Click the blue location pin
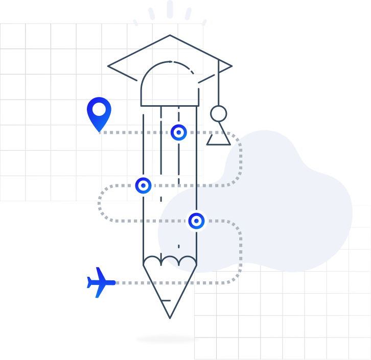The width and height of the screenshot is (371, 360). [x=99, y=113]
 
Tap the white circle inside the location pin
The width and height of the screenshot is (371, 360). [x=99, y=109]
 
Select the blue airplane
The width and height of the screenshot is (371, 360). [x=100, y=282]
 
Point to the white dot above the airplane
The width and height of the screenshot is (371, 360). [x=99, y=259]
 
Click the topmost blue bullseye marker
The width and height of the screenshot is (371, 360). [x=178, y=133]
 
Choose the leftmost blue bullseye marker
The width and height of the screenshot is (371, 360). [x=143, y=185]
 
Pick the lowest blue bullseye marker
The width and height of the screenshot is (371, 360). [x=196, y=221]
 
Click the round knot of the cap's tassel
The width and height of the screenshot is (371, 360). [x=218, y=113]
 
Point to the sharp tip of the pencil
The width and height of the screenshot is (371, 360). [x=170, y=317]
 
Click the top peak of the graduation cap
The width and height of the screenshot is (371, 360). [x=170, y=35]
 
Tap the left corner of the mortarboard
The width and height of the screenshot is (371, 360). [x=109, y=66]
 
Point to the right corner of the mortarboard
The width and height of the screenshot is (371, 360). [x=231, y=66]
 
